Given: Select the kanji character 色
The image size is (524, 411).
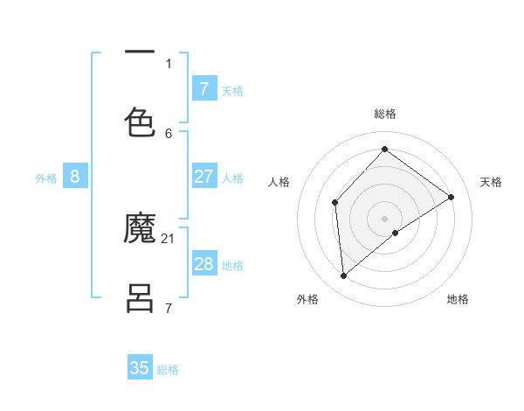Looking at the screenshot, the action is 140,122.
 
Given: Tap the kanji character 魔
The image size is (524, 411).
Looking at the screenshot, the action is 140,230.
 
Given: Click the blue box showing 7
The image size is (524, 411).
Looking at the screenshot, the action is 203,88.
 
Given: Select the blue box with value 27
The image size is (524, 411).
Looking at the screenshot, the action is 203,177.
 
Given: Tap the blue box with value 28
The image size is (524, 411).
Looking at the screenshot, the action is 203,264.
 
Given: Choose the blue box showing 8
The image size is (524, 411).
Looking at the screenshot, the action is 74,177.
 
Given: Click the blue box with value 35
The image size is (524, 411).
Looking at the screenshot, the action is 140,367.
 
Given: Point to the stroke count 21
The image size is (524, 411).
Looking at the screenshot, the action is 169,238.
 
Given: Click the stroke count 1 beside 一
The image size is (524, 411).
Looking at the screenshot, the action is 169,63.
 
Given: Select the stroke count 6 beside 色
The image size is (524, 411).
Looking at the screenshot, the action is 169,133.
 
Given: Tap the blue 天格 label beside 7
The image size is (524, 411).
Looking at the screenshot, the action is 232,90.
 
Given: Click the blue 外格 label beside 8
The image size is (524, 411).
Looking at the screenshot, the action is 46,178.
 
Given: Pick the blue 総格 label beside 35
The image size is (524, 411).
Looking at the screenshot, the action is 168,369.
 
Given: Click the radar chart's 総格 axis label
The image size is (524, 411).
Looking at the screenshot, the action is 384,114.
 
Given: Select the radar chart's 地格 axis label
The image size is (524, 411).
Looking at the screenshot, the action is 458,299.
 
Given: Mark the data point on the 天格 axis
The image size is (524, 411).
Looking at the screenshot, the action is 452,197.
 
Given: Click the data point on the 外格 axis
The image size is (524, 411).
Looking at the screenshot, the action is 343,276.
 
